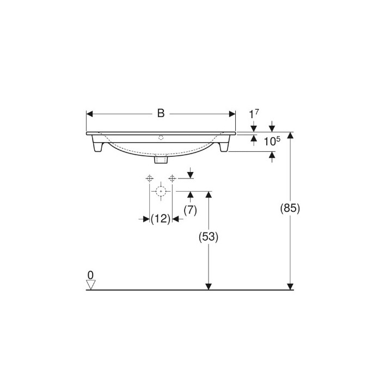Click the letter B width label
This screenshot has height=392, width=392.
point(161,113)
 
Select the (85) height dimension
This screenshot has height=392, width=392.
point(290,207)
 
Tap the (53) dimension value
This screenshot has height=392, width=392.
point(207,237)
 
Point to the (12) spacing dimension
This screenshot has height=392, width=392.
point(161,218)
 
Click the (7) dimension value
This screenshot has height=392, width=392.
point(190,210)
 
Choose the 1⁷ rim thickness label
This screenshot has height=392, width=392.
point(253,114)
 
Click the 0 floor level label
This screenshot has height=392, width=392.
point(90,274)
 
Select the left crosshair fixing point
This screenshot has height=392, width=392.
point(149,178)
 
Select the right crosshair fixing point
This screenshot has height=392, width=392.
point(172,178)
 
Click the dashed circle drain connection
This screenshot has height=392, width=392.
point(161,191)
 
